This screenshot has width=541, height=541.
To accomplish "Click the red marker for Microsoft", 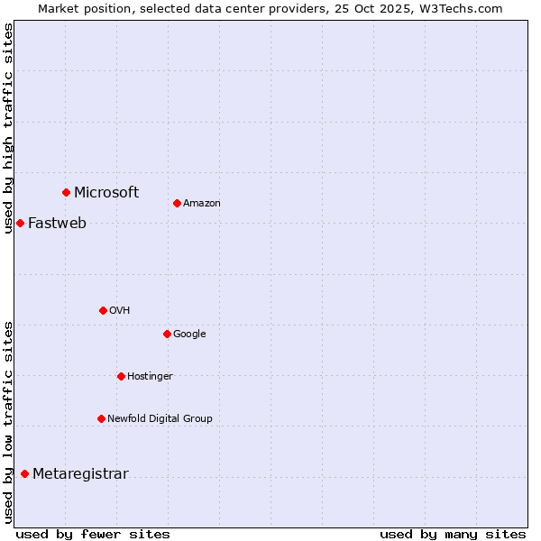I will (66, 192).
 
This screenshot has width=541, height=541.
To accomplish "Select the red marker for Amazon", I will (177, 203).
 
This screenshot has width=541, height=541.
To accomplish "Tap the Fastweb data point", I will (20, 223).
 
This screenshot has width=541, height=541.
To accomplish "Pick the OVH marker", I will (103, 310).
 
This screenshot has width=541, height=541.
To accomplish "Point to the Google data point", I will (167, 334).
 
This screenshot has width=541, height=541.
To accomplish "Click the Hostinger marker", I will (121, 376).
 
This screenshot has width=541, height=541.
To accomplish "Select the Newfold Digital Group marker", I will (101, 418).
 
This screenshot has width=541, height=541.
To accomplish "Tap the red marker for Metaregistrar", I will (24, 474).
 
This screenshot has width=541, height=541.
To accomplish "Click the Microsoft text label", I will (106, 192).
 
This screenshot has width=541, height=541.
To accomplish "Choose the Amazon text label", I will (202, 203).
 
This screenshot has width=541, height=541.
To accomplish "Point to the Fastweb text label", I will (57, 224).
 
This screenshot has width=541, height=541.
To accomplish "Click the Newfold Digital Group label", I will (160, 418).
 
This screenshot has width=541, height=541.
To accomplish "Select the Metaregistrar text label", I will (80, 474).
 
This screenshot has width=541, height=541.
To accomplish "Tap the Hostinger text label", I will (150, 376).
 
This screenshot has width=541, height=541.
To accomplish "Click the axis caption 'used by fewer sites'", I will (93, 534).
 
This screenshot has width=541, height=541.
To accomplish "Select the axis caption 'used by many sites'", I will (453, 534).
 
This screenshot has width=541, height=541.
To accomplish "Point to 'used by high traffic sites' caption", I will (8, 128).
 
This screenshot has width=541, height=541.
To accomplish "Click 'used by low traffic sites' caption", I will (8, 422).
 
